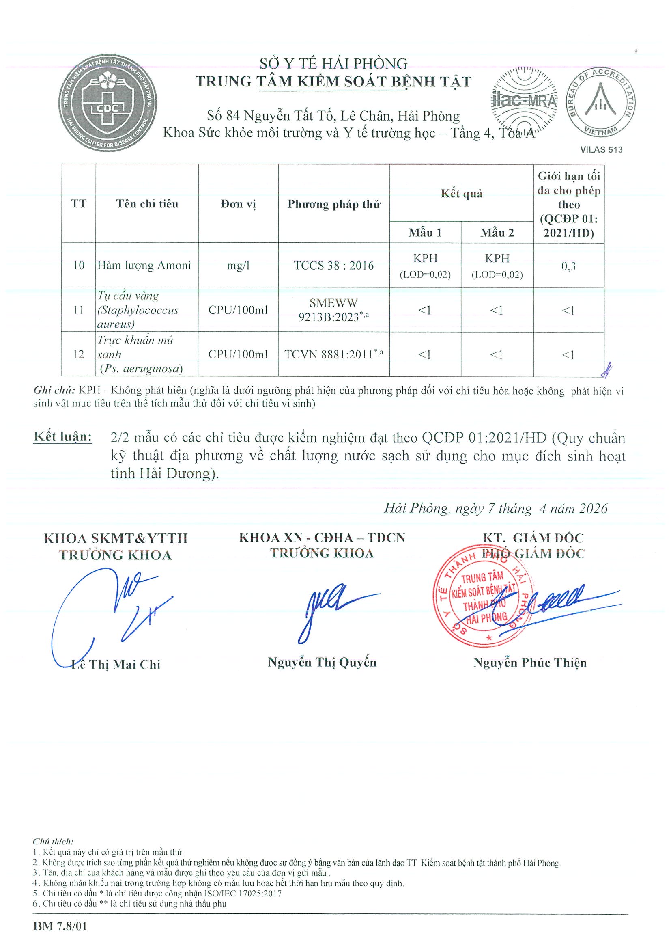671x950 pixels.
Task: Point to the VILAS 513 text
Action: coord(601,150)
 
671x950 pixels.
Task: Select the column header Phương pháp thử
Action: coord(333,204)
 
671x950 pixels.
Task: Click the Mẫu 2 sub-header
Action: coord(497,233)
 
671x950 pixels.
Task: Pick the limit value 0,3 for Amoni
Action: coord(568,266)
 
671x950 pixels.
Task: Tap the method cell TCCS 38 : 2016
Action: coord(333,265)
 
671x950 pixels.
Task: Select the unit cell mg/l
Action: coord(238,265)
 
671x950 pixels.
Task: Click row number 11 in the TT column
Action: coord(79,309)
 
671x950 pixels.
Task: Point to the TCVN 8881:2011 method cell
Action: coord(333,354)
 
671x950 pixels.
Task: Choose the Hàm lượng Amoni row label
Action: coord(144,265)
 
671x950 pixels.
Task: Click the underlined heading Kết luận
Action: coord(63,437)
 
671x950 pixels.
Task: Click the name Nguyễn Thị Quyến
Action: coord(322,663)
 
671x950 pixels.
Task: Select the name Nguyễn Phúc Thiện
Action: coord(529,663)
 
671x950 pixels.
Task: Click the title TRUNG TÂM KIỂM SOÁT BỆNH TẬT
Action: coord(333,82)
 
